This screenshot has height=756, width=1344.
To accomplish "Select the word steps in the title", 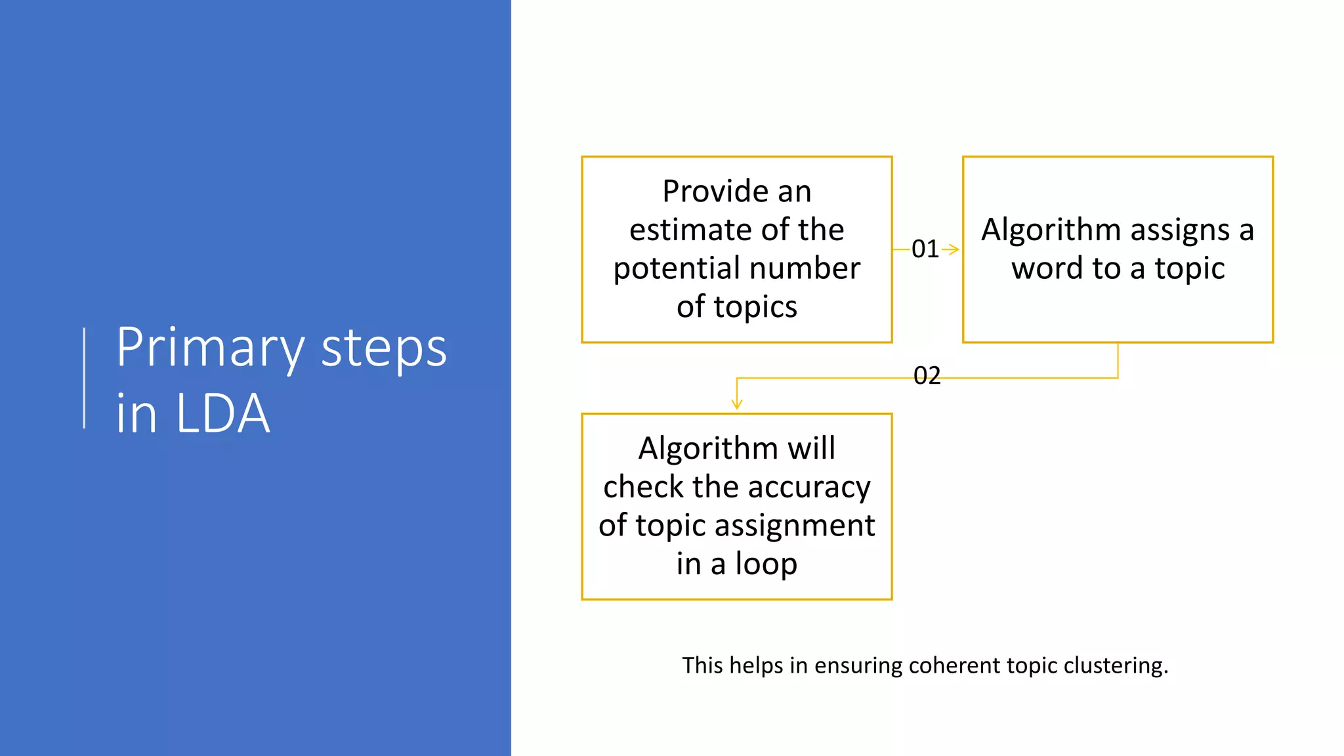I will tap(384, 348).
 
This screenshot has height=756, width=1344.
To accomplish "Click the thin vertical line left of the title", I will tap(85, 378).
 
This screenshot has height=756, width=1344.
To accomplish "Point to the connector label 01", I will tap(925, 249).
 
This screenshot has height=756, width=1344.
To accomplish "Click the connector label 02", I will tap(927, 376).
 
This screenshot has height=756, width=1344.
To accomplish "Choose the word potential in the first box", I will tap(676, 269).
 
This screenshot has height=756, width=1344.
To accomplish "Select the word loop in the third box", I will tap(765, 564).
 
